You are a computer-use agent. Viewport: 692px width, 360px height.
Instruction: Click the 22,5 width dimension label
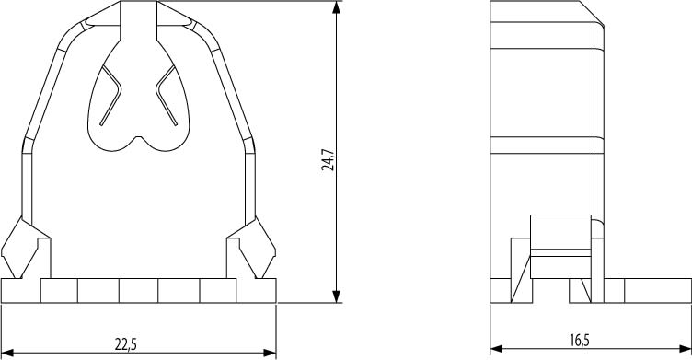pos(126,344)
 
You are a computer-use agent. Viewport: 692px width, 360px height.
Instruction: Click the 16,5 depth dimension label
pos(579,341)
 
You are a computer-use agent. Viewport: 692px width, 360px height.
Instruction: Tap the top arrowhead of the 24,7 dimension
pos(337,7)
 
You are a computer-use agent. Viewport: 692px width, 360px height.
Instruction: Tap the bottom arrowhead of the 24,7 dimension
pos(337,296)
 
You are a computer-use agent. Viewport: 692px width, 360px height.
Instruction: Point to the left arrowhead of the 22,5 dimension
pos(7,353)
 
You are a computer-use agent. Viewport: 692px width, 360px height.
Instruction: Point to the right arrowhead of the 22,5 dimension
pos(270,353)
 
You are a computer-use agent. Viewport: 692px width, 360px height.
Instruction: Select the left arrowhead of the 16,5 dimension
pos(497,349)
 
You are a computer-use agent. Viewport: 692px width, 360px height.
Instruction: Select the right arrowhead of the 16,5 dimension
pos(685,349)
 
